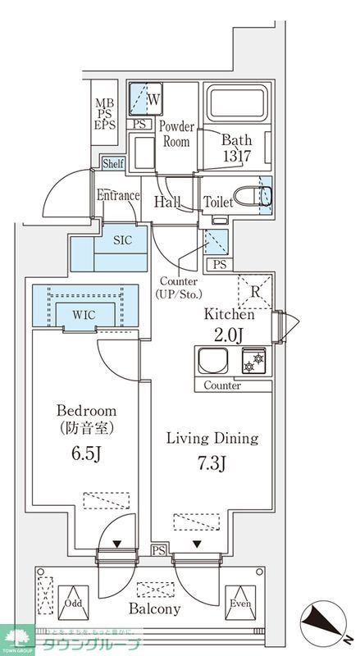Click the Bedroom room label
86,410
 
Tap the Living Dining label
213,438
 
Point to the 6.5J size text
86,453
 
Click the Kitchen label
230,314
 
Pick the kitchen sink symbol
215,360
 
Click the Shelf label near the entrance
113,164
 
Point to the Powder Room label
175,134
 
